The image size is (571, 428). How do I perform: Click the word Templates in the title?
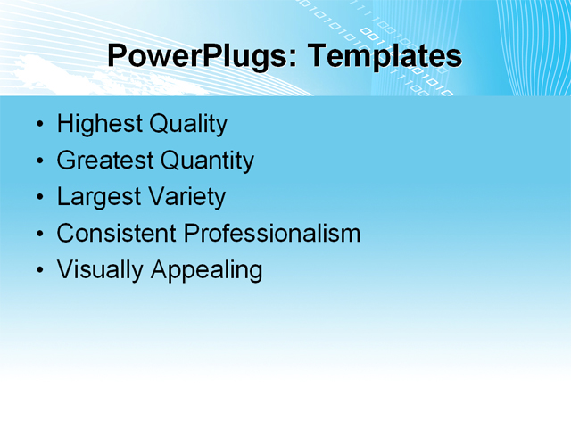click(385, 56)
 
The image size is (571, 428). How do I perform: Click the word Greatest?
click(104, 160)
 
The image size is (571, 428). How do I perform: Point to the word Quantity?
click(207, 160)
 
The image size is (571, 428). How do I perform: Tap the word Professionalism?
click(272, 234)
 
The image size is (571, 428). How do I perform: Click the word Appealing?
click(206, 270)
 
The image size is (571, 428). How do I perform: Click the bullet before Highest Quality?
click(38, 125)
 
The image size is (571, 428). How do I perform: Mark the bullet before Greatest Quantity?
click(38, 161)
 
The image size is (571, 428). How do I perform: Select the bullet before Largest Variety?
click(38, 198)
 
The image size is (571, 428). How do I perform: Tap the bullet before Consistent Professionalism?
click(38, 235)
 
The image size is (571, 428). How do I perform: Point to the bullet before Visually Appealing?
click(38, 271)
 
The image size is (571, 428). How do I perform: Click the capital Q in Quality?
click(157, 124)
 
